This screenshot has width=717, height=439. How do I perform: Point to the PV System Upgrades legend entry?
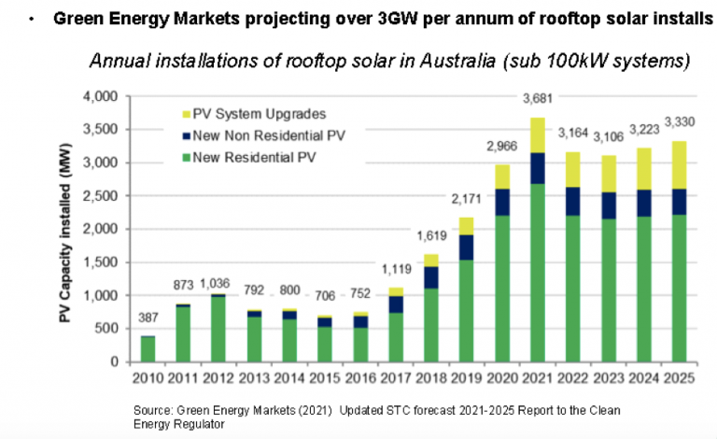(x=249, y=114)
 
